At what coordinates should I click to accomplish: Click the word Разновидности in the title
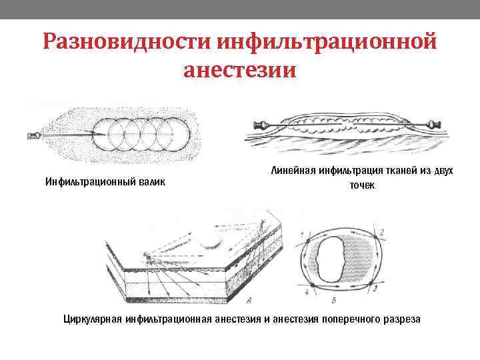click(x=123, y=43)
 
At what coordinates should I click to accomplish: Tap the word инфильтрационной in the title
click(x=325, y=43)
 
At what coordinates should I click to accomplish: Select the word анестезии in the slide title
click(x=239, y=70)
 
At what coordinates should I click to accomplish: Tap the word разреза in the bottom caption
click(x=400, y=319)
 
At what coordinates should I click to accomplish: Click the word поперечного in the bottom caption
click(x=345, y=319)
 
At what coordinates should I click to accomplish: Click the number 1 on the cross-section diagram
click(x=304, y=235)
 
